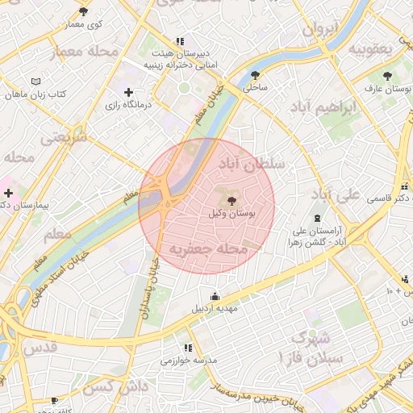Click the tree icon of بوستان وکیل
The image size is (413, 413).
(232, 200)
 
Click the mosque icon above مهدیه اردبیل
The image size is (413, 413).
(215, 295)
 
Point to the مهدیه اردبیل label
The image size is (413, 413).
(214, 308)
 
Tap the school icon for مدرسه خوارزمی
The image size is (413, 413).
(187, 348)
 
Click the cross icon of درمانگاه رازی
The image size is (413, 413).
(128, 92)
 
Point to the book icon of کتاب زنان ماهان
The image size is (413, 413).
(35, 81)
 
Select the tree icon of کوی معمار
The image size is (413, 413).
(84, 11)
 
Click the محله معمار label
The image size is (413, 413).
(85, 52)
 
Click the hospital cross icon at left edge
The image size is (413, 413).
(8, 193)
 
